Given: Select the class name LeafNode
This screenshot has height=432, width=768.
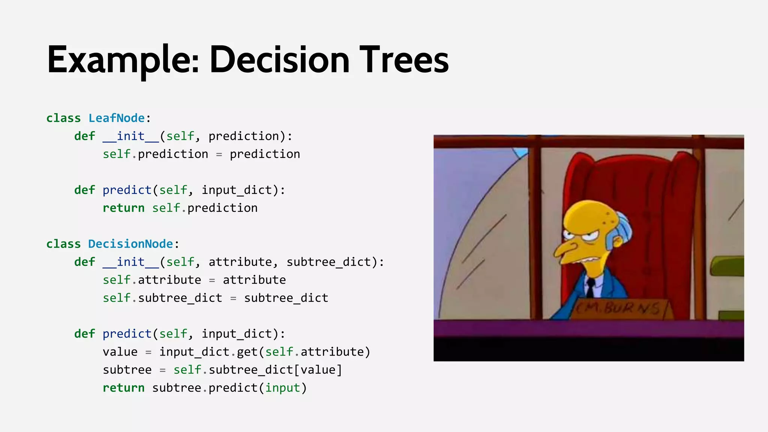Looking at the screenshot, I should click(x=117, y=118).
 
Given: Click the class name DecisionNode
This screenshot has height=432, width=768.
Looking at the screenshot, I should click(x=130, y=244).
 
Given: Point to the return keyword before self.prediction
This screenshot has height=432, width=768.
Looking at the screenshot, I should click(x=123, y=208).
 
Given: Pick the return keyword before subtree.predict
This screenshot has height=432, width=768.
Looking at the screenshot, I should click(x=123, y=388).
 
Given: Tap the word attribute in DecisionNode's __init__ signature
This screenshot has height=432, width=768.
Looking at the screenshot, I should click(x=240, y=262).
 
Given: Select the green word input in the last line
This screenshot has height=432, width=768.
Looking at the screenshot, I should click(x=283, y=388).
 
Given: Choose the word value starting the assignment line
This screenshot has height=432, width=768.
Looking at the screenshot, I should click(x=120, y=352).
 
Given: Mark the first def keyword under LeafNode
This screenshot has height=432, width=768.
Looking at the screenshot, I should click(x=85, y=136).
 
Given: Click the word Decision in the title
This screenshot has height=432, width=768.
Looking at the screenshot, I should click(x=279, y=60).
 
